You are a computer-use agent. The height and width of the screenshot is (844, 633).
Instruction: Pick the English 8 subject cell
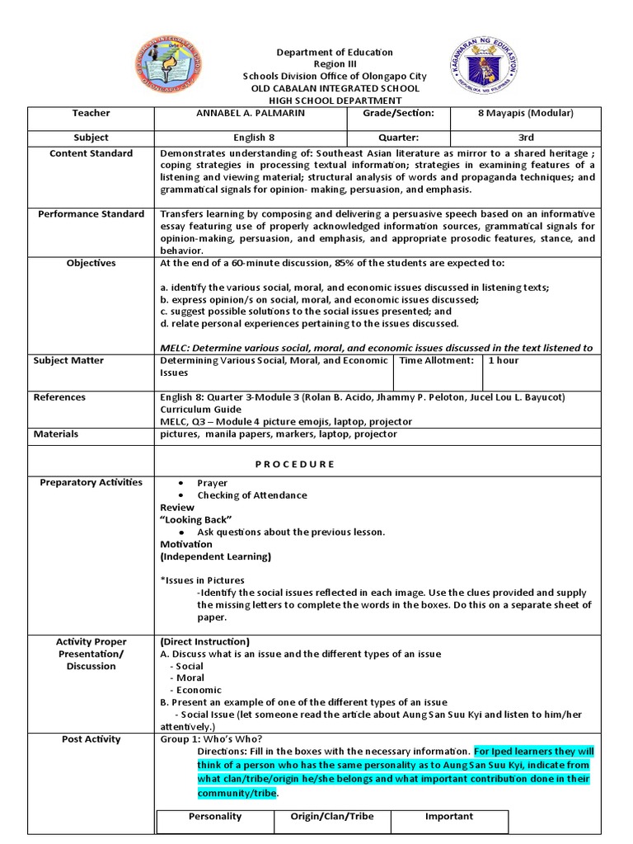250,138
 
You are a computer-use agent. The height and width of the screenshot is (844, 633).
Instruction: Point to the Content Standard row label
91,153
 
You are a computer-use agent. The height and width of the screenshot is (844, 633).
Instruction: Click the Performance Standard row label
91,214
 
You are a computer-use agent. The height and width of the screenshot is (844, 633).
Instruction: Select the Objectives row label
91,263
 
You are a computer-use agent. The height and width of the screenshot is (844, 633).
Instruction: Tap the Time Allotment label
437,360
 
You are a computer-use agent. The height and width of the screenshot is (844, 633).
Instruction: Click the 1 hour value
504,360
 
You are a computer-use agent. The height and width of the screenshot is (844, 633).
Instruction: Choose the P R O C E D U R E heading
295,464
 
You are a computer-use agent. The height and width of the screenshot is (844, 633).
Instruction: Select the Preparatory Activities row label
91,482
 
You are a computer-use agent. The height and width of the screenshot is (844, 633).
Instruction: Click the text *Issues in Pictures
202,580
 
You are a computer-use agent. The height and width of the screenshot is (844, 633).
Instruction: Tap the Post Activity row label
91,739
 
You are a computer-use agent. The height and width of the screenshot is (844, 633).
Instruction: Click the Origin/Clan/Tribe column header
332,816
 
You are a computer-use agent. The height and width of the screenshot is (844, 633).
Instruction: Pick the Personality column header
215,816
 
